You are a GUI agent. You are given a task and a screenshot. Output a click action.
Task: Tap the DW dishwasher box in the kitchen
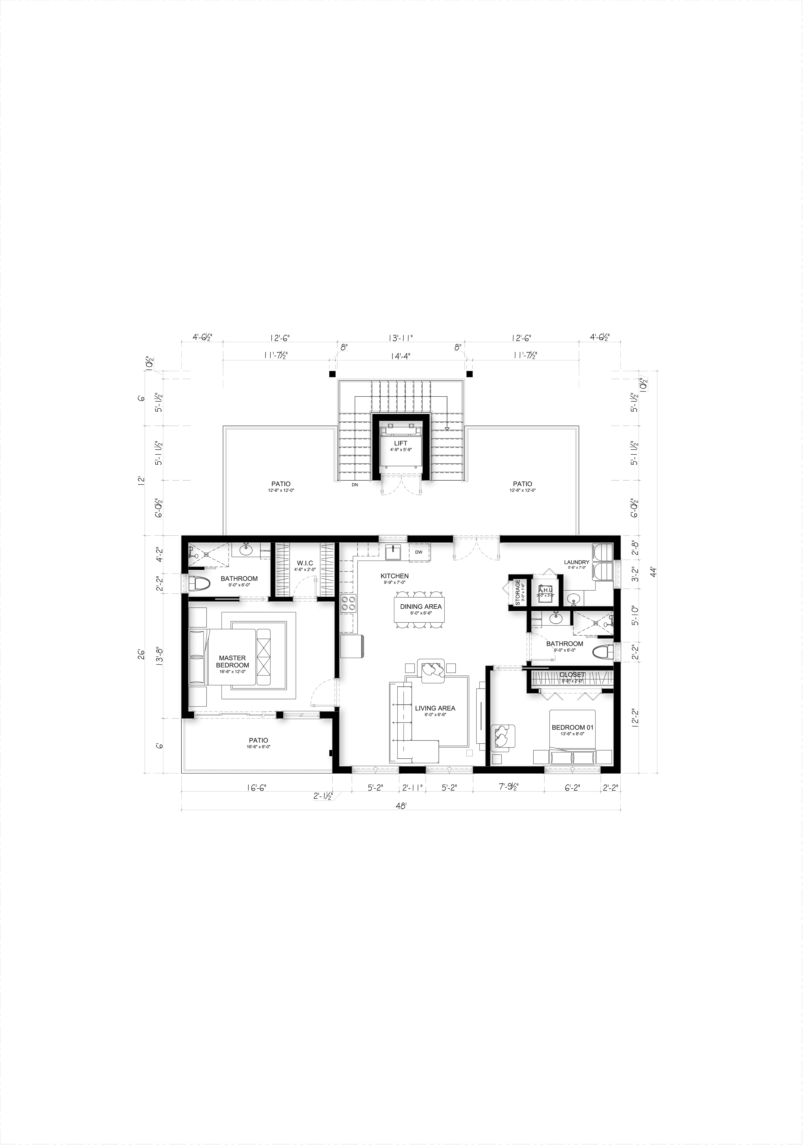point(419,552)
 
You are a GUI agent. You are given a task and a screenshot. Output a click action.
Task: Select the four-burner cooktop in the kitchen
point(348,604)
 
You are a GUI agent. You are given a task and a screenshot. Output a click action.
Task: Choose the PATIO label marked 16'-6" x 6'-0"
point(259,741)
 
